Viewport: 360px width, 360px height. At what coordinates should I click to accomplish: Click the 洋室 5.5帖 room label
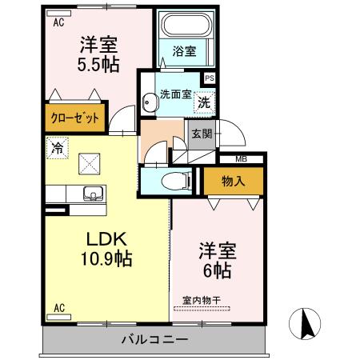[x=99, y=54]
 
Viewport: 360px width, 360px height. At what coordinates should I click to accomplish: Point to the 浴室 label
[x=185, y=53]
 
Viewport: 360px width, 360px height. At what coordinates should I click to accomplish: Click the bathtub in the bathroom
[x=185, y=26]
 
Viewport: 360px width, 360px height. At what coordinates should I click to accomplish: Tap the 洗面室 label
[x=174, y=94]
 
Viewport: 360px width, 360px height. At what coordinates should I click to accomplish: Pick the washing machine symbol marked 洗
[x=205, y=102]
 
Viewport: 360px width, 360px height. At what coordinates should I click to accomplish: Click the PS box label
[x=210, y=78]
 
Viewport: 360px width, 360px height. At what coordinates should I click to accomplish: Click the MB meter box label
[x=241, y=159]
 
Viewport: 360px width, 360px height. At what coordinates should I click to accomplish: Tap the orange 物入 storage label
[x=233, y=182]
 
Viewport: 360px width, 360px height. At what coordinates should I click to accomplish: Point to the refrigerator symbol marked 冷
[x=57, y=147]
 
